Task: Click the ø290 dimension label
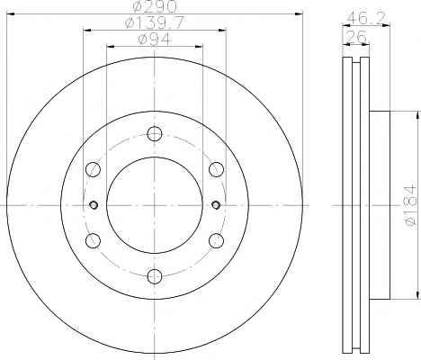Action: (x=155, y=6)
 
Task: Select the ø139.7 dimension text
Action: (x=155, y=23)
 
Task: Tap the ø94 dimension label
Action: (x=155, y=40)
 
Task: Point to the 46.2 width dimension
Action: (x=365, y=19)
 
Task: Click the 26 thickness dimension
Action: (x=357, y=37)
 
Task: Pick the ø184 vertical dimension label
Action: (x=411, y=205)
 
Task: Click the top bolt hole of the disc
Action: (x=155, y=134)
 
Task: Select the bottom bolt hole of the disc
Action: (x=155, y=276)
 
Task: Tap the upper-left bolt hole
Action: (x=93, y=169)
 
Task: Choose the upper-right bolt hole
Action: (x=216, y=169)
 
